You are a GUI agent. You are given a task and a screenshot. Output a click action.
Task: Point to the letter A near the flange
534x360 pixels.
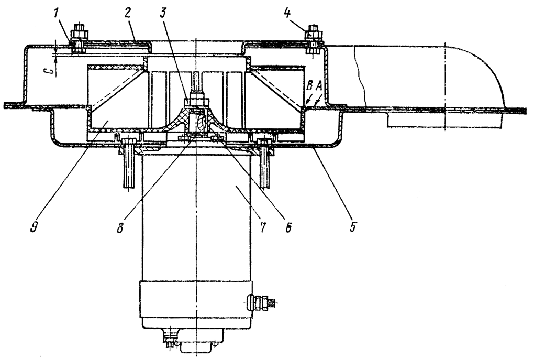tap(319, 97)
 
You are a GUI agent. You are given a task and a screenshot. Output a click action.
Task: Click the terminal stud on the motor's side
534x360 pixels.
tap(261, 302)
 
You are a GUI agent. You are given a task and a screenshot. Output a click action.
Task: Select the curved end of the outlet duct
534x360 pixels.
tap(487, 73)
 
